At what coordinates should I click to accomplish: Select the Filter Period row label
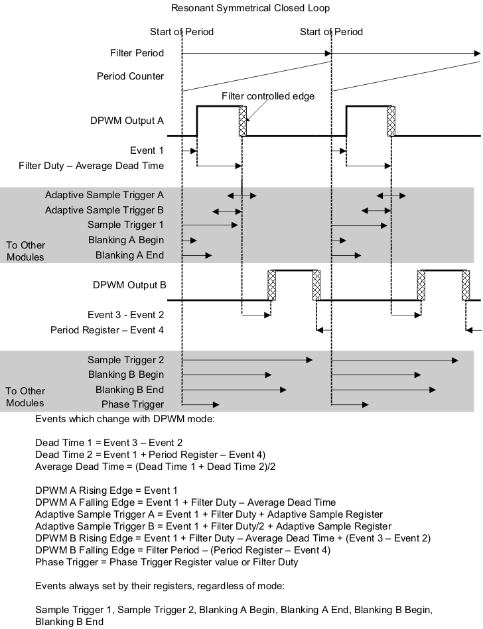tap(137, 53)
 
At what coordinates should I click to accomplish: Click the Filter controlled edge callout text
tap(268, 95)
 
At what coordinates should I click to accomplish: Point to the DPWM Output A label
tap(127, 121)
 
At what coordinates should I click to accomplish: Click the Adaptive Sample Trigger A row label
tap(104, 196)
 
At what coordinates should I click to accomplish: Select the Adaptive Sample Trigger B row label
tap(104, 210)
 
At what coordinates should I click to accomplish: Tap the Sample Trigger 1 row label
tap(125, 225)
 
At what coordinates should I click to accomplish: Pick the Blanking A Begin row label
tap(125, 240)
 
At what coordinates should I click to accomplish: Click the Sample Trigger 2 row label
tap(125, 360)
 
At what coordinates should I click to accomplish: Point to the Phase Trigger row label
tap(132, 404)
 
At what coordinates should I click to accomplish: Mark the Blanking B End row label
tap(129, 390)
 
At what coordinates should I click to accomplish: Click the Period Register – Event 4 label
tap(107, 330)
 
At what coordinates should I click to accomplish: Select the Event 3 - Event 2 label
tap(125, 315)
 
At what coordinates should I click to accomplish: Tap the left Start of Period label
tap(182, 32)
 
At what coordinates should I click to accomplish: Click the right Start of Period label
tap(331, 32)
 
